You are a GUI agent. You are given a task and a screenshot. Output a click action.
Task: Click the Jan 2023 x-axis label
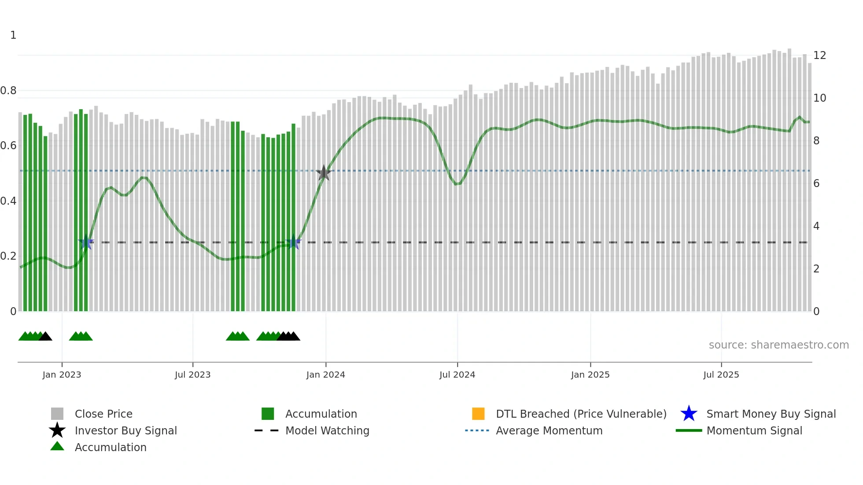tap(62, 375)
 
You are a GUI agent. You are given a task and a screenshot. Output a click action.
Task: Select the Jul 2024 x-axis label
tap(457, 375)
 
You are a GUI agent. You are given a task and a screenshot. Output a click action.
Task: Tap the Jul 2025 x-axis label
tap(721, 375)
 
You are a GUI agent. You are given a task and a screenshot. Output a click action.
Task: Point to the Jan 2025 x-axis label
tap(590, 375)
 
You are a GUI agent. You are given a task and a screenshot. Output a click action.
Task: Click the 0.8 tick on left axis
tap(8, 91)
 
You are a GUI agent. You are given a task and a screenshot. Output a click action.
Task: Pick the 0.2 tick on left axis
tap(8, 256)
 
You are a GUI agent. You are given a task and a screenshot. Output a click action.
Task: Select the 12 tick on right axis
tap(819, 55)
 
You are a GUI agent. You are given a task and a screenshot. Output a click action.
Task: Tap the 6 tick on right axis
tap(816, 184)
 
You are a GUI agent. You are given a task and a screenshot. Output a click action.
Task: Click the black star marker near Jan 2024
tap(324, 173)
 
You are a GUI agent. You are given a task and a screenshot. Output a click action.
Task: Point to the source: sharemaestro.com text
tap(778, 345)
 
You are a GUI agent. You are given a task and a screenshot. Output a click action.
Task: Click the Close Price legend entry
tap(103, 414)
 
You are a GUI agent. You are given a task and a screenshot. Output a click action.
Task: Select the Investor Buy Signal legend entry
tap(125, 430)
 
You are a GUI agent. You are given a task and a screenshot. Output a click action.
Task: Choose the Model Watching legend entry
tap(327, 430)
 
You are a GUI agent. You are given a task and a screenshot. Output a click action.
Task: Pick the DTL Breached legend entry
tap(581, 414)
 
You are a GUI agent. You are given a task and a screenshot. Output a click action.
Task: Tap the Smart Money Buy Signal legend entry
tap(771, 414)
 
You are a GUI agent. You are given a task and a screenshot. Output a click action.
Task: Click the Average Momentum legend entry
tap(549, 430)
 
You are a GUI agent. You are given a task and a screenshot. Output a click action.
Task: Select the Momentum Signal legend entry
tap(754, 430)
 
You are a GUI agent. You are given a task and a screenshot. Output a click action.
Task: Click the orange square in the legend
tap(478, 414)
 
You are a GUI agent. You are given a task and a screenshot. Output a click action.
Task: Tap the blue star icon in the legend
tap(689, 414)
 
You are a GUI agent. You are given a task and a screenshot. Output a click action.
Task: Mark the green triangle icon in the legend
tap(57, 446)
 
